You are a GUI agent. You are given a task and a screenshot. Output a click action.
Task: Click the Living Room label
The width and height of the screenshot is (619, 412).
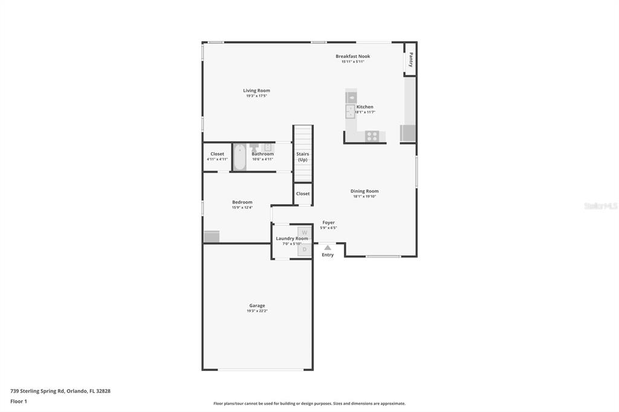256,91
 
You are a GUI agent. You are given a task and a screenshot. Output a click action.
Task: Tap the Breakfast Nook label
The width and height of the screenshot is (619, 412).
352,56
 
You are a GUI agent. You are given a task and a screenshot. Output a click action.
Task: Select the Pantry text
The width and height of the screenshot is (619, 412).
410,59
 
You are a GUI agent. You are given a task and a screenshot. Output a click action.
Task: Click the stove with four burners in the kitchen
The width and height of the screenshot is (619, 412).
372,136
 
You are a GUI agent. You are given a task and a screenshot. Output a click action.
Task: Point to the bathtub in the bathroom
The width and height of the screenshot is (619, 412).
239,157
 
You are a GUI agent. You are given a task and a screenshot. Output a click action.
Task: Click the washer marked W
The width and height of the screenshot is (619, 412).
304,232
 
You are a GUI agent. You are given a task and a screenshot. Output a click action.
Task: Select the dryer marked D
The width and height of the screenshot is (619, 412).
304,249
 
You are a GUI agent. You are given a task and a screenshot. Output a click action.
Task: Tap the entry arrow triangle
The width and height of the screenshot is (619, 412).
327,247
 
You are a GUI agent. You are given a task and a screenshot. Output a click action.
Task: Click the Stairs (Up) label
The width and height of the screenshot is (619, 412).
302,156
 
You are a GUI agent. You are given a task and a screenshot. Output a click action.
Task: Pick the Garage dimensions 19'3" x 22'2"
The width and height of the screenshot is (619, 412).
257,311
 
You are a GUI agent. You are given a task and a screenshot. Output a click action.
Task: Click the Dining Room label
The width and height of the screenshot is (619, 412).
365,191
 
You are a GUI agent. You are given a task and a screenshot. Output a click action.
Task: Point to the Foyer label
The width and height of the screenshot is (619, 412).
328,222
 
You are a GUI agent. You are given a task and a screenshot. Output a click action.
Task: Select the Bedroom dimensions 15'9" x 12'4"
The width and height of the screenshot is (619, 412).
242,207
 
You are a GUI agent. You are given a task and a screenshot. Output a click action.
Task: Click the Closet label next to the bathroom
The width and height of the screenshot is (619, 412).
217,154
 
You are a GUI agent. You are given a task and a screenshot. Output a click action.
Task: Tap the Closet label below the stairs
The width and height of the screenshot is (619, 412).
303,193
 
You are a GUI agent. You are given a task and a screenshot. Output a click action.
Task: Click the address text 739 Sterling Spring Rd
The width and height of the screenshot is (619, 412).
60,391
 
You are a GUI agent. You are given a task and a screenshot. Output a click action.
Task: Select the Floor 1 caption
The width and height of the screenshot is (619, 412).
19,401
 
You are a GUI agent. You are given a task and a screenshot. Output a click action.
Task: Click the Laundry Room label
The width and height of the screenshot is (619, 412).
292,239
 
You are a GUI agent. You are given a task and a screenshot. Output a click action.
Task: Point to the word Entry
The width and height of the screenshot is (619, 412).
327,255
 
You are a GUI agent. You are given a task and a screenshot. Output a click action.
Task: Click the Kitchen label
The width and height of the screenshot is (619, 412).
365,107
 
